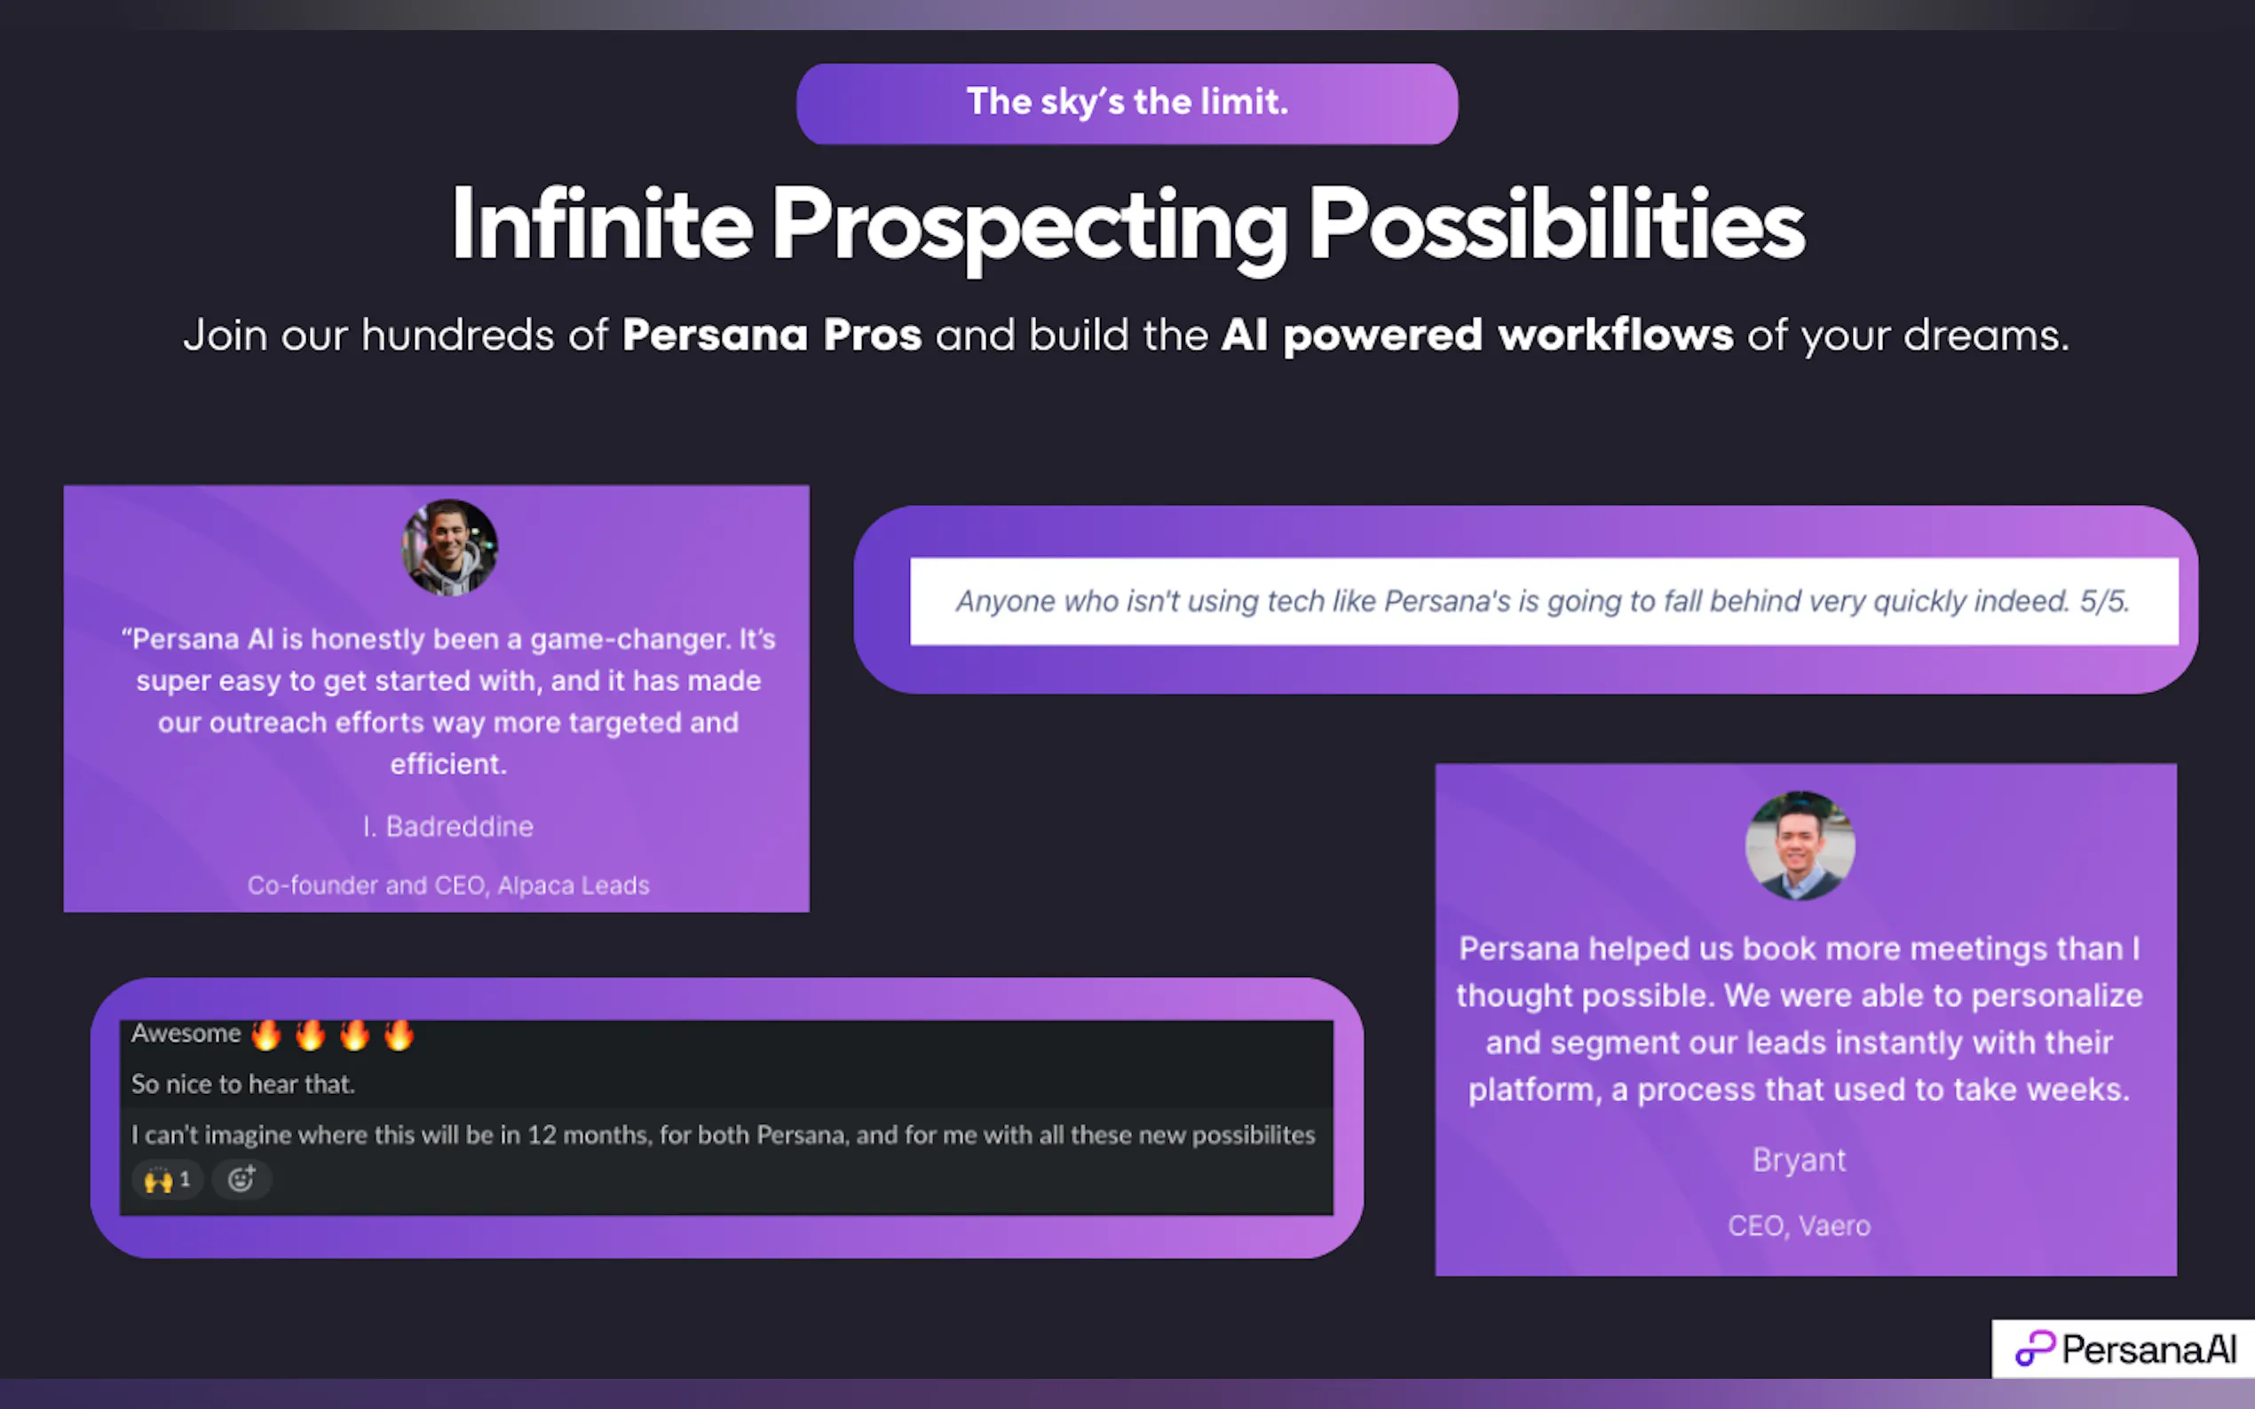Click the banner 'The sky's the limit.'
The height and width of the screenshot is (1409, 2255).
(1127, 104)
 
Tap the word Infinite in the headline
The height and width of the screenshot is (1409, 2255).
(601, 224)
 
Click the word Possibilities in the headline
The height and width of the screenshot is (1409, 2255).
(1557, 224)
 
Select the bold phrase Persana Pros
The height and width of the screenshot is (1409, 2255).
(771, 335)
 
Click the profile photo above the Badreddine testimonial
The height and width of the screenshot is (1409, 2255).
(449, 547)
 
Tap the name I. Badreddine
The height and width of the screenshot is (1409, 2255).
(447, 827)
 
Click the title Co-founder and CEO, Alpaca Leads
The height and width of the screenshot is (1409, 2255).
(448, 886)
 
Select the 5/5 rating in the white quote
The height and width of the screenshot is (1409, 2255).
(2104, 601)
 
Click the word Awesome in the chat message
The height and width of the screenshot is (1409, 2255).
(186, 1034)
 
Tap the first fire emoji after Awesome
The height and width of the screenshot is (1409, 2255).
(266, 1035)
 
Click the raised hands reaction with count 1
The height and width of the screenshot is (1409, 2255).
(167, 1180)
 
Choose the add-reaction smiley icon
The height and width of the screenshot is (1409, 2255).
(241, 1180)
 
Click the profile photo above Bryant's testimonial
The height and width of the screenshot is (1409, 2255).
(1800, 846)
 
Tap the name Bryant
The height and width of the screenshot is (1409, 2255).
(1800, 1161)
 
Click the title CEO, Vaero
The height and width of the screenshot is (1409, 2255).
(1800, 1225)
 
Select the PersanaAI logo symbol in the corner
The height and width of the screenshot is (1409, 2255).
(2035, 1348)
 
